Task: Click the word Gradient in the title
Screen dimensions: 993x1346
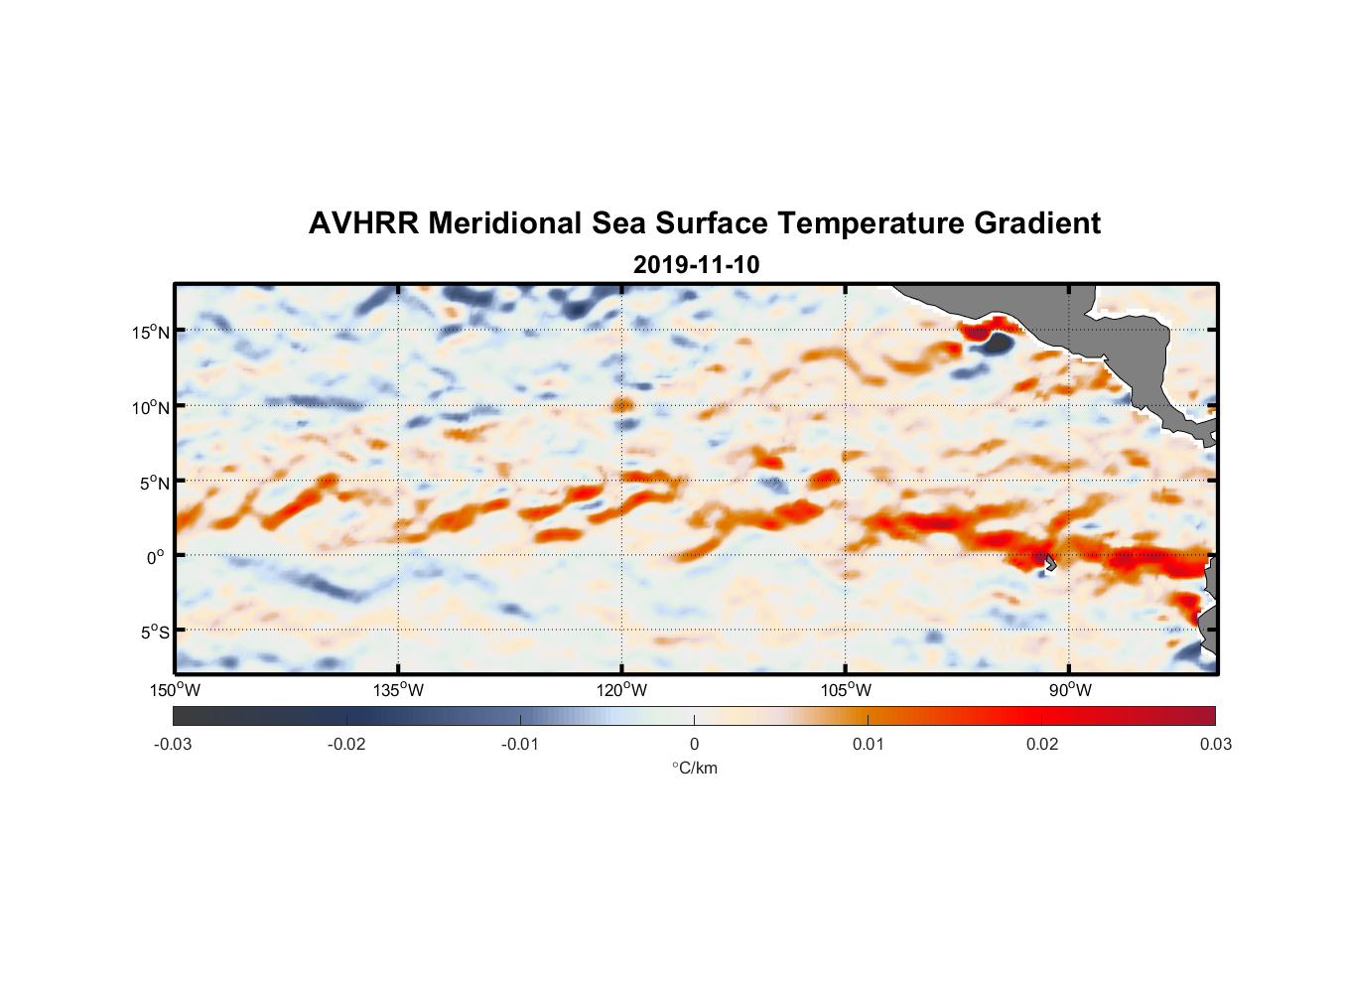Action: [1037, 223]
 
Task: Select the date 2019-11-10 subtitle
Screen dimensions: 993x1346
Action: [696, 265]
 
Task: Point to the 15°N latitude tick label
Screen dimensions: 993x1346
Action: [151, 332]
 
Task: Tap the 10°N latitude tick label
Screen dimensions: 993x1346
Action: [151, 407]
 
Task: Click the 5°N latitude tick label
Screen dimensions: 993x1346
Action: [154, 483]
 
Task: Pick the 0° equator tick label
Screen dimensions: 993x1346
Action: [156, 557]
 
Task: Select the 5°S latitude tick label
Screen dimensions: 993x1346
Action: [154, 633]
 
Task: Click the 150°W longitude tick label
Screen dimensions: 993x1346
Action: [176, 690]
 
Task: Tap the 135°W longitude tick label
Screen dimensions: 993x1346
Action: [399, 690]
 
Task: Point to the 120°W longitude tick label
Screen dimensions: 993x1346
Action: [622, 690]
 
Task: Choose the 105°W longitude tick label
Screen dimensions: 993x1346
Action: [846, 690]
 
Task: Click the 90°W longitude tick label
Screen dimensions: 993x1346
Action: [1069, 690]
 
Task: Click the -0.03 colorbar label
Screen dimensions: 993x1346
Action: [173, 744]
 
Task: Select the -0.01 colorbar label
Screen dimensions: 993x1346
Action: [520, 744]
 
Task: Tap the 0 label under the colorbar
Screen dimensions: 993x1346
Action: [694, 744]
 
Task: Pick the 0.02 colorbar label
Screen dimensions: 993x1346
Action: [1042, 744]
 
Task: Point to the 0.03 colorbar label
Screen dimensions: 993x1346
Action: [1215, 744]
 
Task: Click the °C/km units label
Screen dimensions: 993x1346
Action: [695, 768]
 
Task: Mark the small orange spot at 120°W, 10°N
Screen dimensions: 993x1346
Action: [622, 404]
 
